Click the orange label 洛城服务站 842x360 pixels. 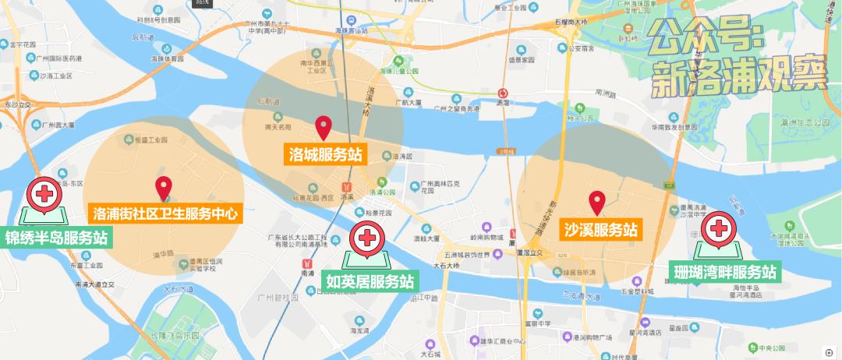323,154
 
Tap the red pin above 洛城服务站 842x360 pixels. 324,126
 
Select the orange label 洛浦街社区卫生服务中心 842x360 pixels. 163,213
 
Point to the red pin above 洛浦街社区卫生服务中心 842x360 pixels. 164,186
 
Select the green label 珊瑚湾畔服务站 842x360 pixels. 725,272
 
